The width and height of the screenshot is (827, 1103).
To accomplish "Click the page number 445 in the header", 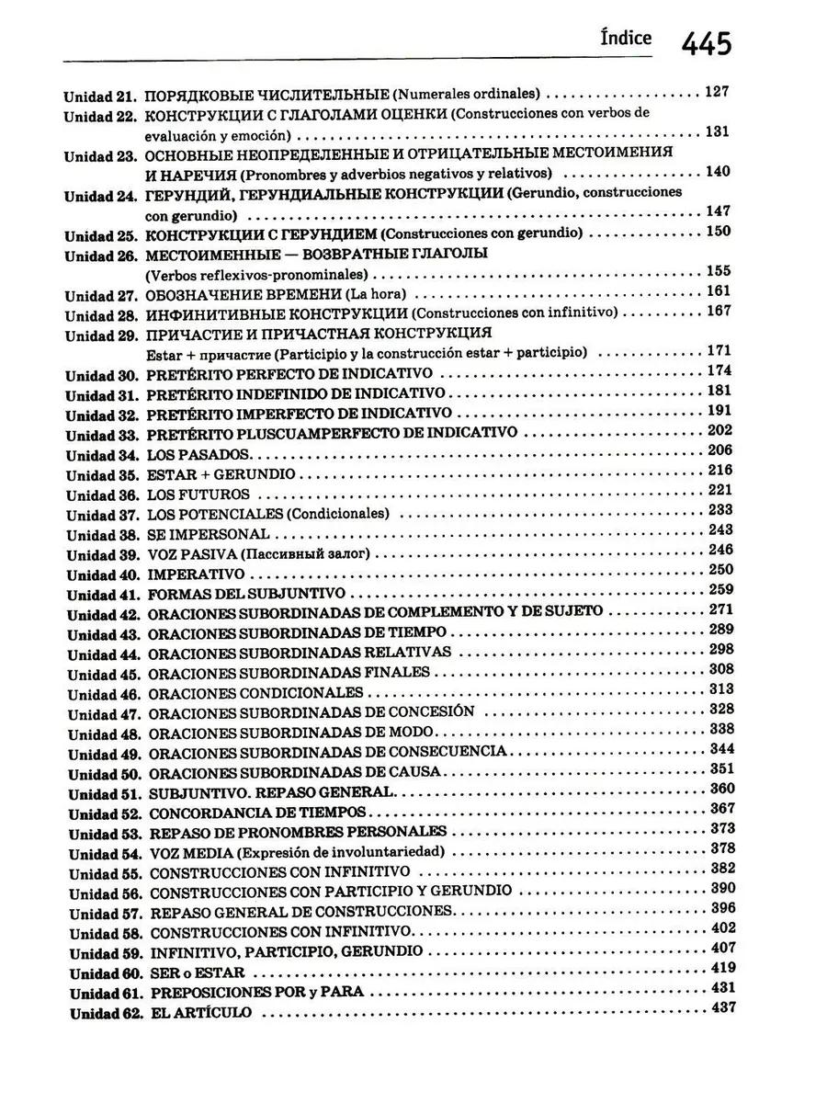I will pyautogui.click(x=706, y=42).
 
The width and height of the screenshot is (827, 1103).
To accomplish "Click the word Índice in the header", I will pyautogui.click(x=625, y=39).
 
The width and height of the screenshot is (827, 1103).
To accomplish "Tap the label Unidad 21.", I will pyautogui.click(x=99, y=95).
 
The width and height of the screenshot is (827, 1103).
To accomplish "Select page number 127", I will pyautogui.click(x=717, y=91).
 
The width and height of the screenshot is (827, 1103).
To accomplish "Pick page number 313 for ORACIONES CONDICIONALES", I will pyautogui.click(x=721, y=689).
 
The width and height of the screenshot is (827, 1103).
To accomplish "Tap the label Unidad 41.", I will pyautogui.click(x=104, y=595).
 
